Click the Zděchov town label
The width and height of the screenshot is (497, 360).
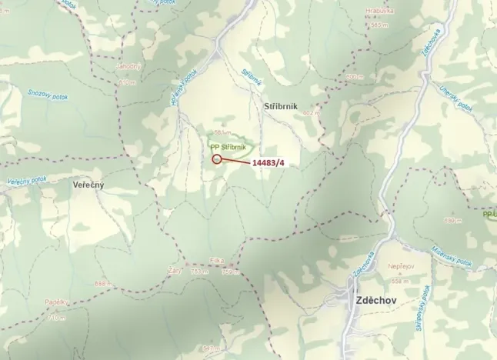click(x=375, y=302)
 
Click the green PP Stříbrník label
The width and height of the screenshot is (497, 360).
click(x=228, y=145)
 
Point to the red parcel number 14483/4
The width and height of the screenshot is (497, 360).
click(x=273, y=163)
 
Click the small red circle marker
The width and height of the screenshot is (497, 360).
click(x=216, y=159)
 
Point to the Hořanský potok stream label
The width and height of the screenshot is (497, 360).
click(x=188, y=86)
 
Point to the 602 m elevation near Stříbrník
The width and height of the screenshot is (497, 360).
click(x=311, y=114)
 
